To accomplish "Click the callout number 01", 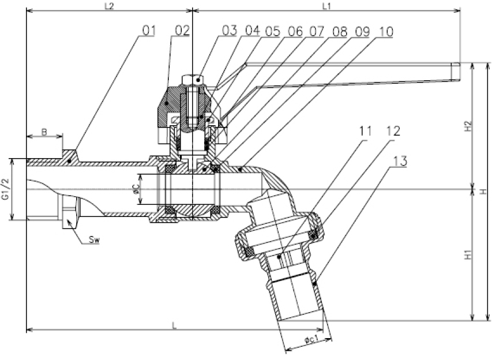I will [148, 31].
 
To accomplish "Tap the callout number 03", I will [229, 31].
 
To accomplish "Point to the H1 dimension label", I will [468, 254].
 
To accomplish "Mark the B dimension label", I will [44, 132].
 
